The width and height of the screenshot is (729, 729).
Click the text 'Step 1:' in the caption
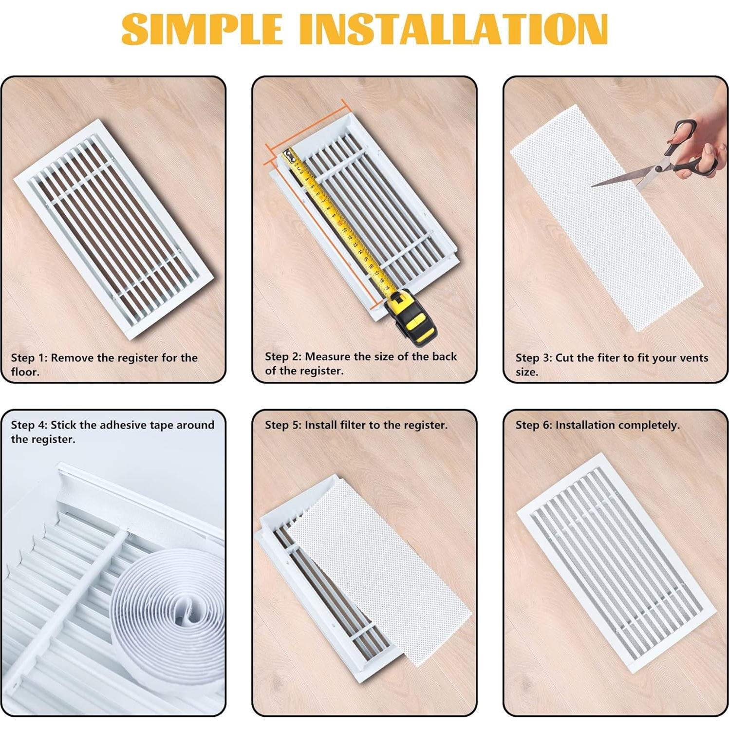coord(29,358)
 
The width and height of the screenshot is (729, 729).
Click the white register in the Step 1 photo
coord(114,229)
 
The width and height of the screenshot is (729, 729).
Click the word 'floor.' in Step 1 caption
coord(25,372)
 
